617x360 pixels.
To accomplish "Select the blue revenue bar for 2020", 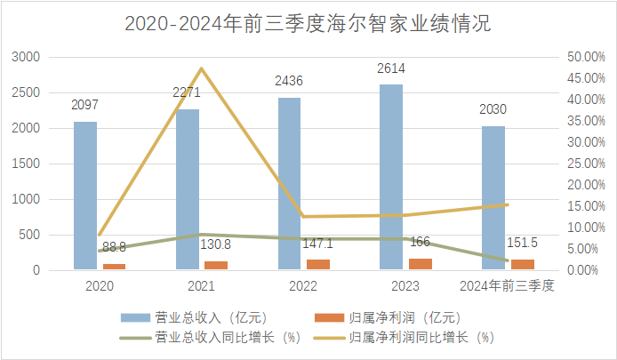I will (x=85, y=196).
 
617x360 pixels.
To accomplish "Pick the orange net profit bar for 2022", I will (x=317, y=264).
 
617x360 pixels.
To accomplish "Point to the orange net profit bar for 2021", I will (x=216, y=265).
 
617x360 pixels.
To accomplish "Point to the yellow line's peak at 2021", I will (x=202, y=68).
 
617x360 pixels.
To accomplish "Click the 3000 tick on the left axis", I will (x=28, y=57).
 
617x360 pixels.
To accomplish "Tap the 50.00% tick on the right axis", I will (x=584, y=57).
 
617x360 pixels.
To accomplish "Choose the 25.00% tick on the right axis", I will (x=584, y=164).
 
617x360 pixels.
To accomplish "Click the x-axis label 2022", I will (x=303, y=286).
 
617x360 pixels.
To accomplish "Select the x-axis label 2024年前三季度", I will (x=507, y=286).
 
